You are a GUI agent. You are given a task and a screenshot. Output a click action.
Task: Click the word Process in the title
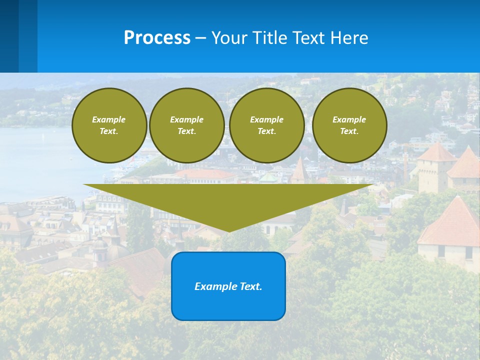point(157,38)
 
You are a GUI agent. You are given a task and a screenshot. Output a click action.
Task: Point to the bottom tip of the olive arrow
point(229,230)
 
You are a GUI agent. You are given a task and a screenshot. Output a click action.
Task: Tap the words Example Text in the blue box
point(228,286)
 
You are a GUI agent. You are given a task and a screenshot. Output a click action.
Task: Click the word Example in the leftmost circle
point(109,119)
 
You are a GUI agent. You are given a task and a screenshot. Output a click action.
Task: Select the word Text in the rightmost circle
point(349,131)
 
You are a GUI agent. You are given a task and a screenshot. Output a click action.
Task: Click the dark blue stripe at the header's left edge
point(9,36)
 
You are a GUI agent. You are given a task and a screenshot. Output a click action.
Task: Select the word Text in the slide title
point(309,38)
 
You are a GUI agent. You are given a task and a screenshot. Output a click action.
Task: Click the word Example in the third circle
point(266,119)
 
